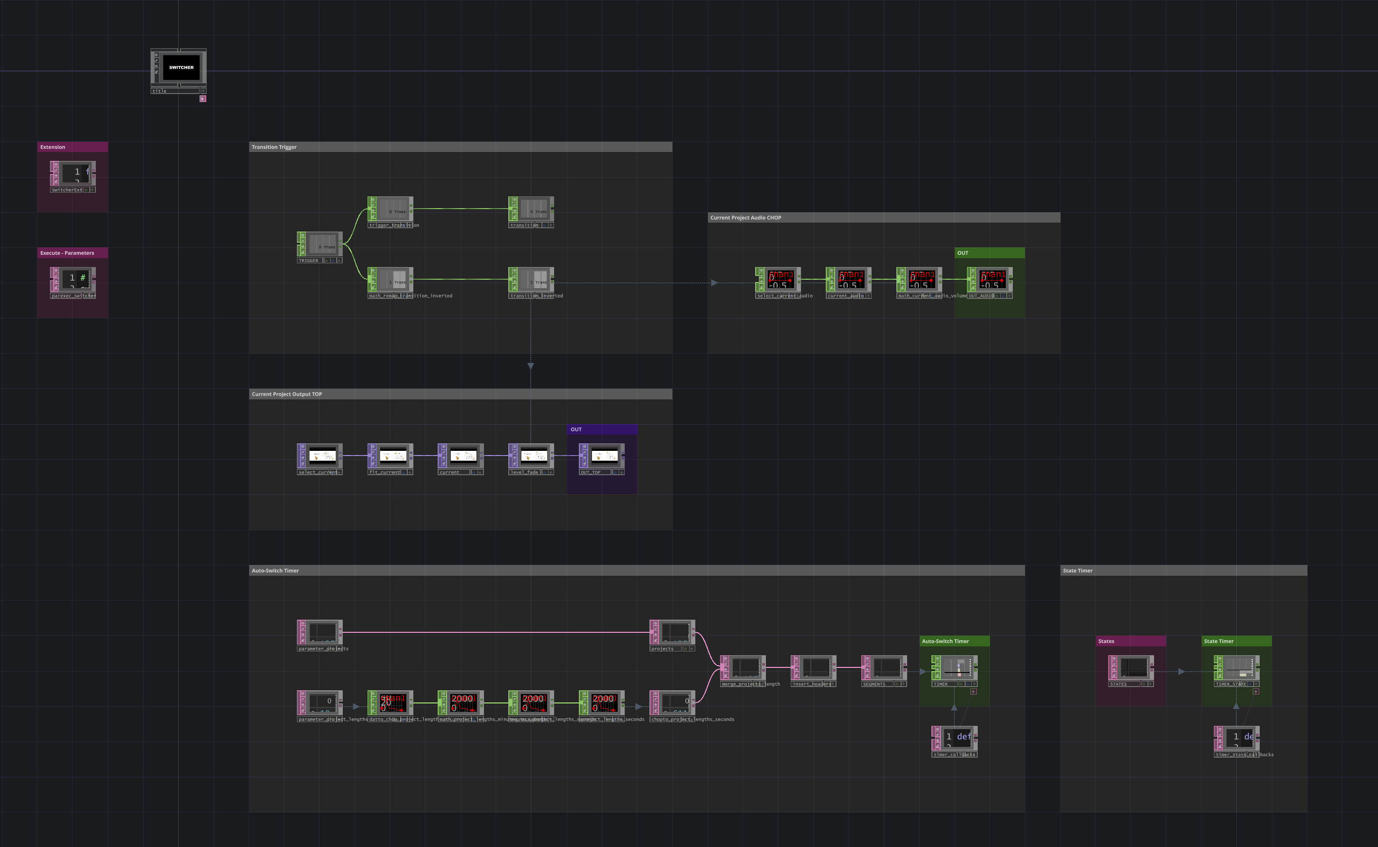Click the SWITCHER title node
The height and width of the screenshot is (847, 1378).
181,68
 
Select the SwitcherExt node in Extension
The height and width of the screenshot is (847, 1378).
75,173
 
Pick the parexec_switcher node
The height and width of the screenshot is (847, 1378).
75,278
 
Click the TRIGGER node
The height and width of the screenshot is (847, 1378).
322,244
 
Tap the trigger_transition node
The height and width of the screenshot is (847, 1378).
392,209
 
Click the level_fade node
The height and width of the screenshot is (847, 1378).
534,456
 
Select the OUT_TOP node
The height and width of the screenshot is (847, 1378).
604,456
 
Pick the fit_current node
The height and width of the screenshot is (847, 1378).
392,456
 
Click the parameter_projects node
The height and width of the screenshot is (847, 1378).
322,632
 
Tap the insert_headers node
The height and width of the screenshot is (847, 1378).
816,668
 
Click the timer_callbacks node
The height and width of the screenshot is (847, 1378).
957,738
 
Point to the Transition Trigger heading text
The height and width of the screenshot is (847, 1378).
274,147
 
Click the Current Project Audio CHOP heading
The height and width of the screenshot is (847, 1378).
745,218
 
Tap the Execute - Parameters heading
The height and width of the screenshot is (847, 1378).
67,253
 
